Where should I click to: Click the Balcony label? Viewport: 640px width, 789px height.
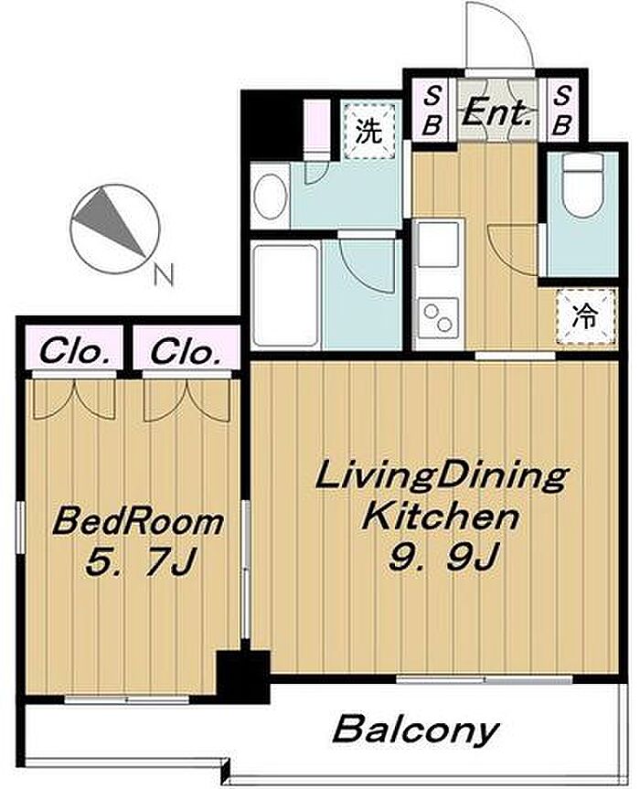[416, 730]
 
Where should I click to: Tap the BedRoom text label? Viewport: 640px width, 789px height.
[138, 522]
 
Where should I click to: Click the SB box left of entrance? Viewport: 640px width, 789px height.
[432, 111]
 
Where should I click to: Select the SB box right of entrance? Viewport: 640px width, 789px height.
[562, 111]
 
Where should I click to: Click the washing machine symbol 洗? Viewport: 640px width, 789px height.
[368, 132]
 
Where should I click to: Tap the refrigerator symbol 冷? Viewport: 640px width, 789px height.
[586, 317]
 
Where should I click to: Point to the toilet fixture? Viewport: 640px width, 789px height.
[582, 186]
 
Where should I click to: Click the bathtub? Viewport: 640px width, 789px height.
[286, 295]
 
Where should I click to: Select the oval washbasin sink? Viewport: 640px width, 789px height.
[271, 197]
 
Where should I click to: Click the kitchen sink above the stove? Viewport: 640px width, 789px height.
[438, 244]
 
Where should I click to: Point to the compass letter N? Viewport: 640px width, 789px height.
[164, 275]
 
